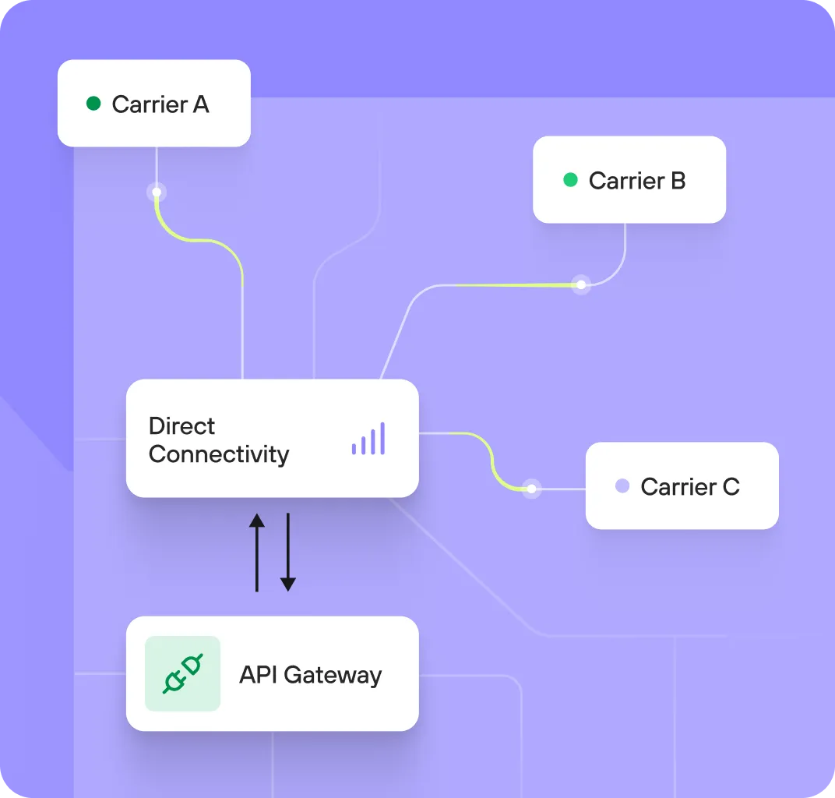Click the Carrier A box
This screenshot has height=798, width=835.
pos(154,104)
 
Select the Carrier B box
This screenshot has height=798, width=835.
pos(629,180)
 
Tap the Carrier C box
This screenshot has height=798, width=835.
pos(682,486)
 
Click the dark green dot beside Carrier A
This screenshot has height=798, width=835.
pos(93,104)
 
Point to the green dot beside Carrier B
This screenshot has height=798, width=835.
pos(570,180)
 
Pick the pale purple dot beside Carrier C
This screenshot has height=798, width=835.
pos(622,486)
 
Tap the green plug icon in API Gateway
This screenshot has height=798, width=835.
pos(183,673)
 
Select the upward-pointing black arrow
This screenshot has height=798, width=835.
pos(256,552)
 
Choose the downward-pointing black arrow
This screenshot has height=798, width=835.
pos(288,552)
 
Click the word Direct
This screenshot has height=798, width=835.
pos(181,426)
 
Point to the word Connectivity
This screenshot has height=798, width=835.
pos(219,454)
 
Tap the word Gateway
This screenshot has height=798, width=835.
pos(333,674)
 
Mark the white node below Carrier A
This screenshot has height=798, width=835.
pos(157,192)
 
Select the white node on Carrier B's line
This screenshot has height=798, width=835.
pos(580,284)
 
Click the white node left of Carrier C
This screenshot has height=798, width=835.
pos(531,489)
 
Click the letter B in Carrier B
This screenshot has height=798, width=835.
pos(678,181)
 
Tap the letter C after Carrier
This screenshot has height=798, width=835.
pos(731,487)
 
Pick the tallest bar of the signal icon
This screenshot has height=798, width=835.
pos(382,439)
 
